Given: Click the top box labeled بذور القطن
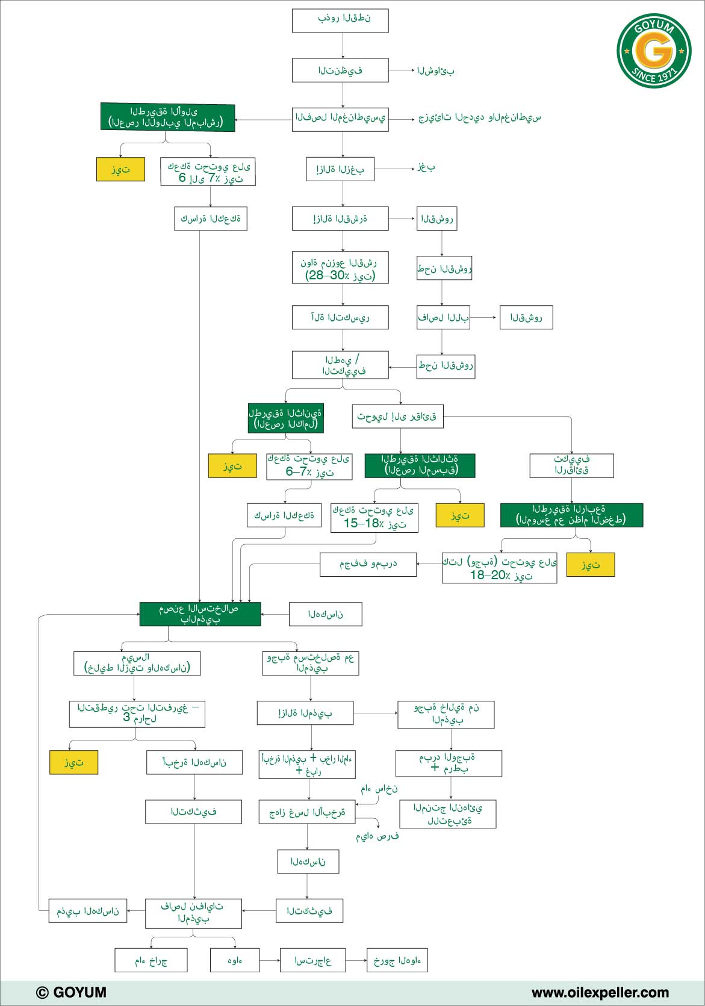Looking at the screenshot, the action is (340, 20).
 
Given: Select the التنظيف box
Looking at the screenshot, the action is (340, 70).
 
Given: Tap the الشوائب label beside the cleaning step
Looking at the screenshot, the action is (435, 70).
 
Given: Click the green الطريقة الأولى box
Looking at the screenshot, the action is (167, 117).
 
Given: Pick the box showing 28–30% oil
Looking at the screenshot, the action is (340, 267).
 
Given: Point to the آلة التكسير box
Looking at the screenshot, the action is (340, 317).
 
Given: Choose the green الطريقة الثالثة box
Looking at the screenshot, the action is (420, 465).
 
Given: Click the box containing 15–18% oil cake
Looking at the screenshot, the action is (374, 518).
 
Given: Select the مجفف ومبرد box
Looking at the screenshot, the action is (368, 564).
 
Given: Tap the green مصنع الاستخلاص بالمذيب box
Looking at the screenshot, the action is (200, 614).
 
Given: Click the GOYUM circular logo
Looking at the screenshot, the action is (654, 51).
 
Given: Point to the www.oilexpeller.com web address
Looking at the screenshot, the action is (600, 992).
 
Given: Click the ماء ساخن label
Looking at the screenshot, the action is (379, 789).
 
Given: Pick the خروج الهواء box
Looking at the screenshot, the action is (397, 960).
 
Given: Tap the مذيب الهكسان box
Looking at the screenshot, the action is (87, 911).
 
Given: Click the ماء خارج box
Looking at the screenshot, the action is (151, 960).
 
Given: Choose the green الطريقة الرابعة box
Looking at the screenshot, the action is (571, 515).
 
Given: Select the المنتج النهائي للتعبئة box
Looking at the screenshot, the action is (448, 814).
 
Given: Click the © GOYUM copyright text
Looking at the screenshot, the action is (71, 992).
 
